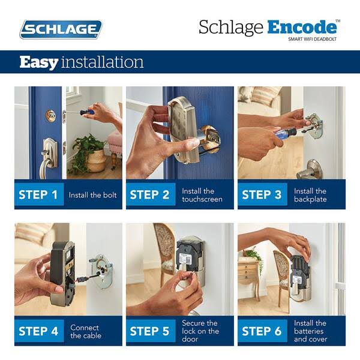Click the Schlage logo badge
click(61, 29)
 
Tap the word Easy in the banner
click(39, 62)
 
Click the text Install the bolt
click(92, 195)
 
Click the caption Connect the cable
click(85, 331)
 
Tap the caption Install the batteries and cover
click(310, 331)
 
